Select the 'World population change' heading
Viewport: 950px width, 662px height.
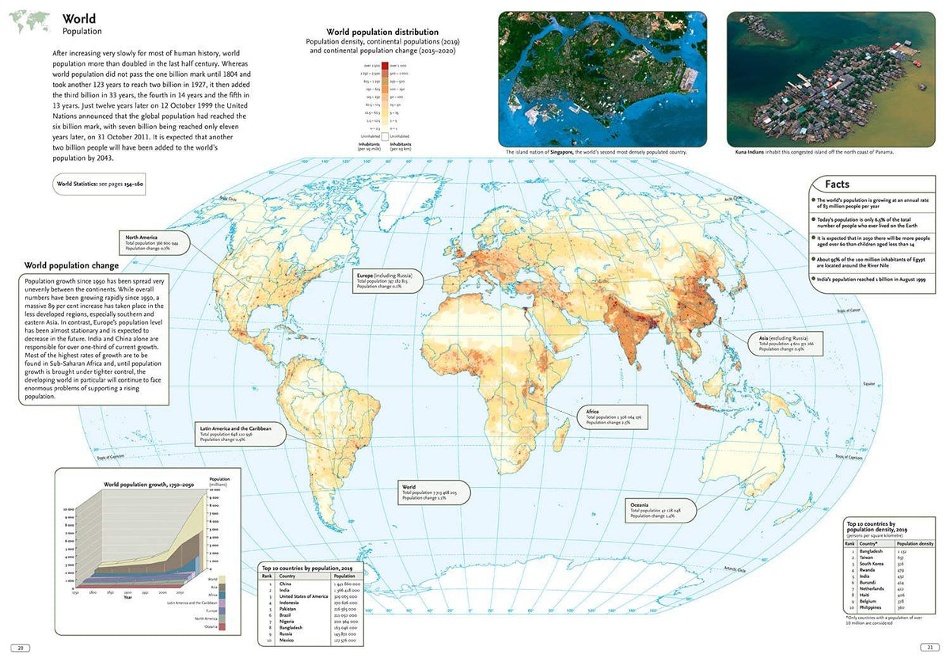(x=71, y=265)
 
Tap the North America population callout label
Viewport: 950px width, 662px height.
(x=154, y=243)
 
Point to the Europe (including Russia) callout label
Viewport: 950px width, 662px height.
(x=389, y=280)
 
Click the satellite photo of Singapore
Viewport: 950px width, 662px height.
(x=602, y=78)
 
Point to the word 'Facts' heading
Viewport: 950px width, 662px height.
(x=837, y=185)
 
